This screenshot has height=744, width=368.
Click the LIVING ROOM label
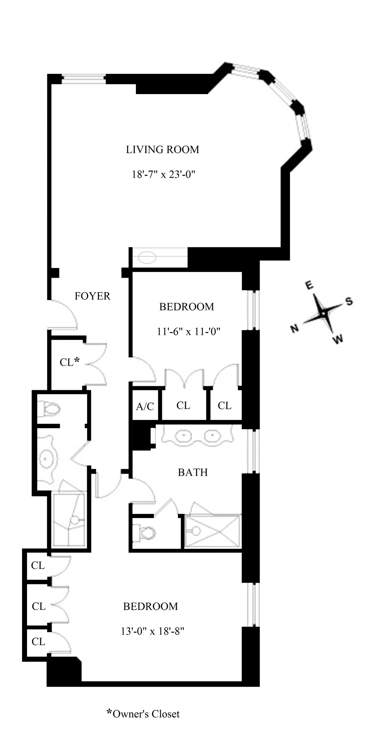pyautogui.click(x=163, y=150)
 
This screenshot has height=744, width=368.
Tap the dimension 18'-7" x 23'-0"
pyautogui.click(x=163, y=174)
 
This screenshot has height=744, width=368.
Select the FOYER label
pyautogui.click(x=92, y=296)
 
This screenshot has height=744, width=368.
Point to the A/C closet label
pyautogui.click(x=145, y=406)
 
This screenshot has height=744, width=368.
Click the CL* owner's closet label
pyautogui.click(x=70, y=362)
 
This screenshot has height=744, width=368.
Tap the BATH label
pyautogui.click(x=193, y=472)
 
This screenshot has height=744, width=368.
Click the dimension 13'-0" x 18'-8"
pyautogui.click(x=152, y=631)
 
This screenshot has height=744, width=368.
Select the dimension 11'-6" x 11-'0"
pyautogui.click(x=189, y=332)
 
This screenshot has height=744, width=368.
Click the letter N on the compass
pyautogui.click(x=294, y=329)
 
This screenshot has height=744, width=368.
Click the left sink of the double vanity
pyautogui.click(x=183, y=435)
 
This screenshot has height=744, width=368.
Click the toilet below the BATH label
pyautogui.click(x=146, y=534)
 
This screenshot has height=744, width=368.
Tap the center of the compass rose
pyautogui.click(x=323, y=313)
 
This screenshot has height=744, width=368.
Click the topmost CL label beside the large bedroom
pyautogui.click(x=38, y=565)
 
